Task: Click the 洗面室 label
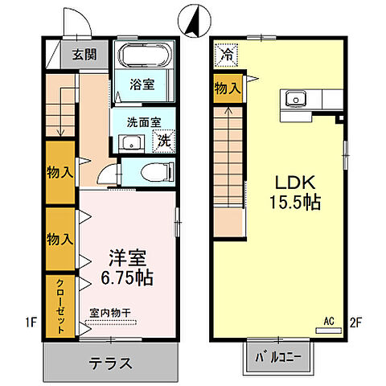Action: (142, 124)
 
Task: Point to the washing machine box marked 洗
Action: (163, 140)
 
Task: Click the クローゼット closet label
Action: (61, 306)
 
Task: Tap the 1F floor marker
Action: (31, 324)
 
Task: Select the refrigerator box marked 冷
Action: (225, 55)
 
